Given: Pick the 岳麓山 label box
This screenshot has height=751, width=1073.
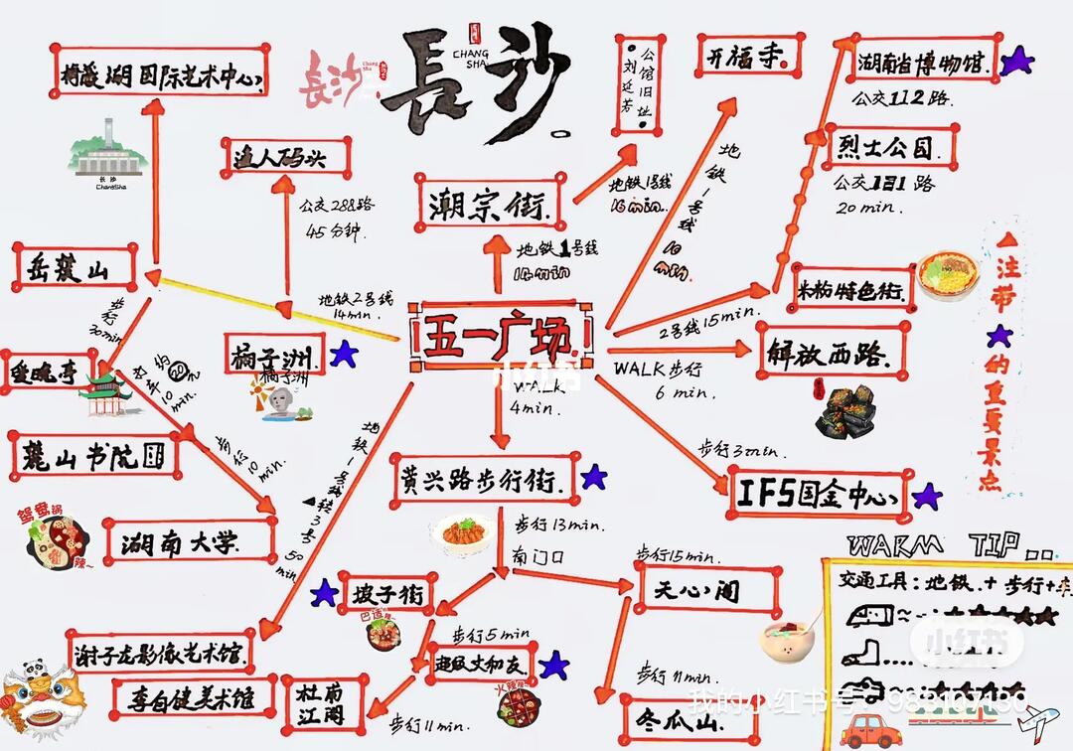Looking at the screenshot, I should click(x=75, y=267).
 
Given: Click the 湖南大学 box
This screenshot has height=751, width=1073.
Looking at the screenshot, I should click(x=189, y=541).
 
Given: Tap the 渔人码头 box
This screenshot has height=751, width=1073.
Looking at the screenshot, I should click(x=285, y=157).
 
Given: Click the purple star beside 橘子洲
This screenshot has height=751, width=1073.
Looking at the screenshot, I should click(x=344, y=353).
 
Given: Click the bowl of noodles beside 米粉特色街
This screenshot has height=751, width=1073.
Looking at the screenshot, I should click(x=947, y=275).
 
